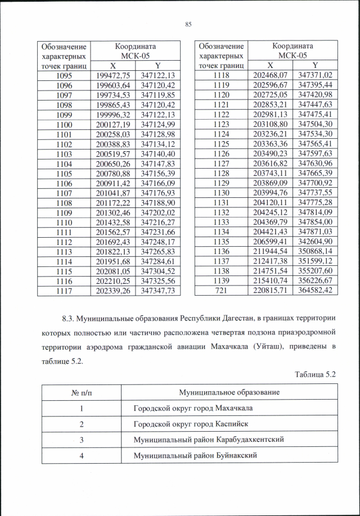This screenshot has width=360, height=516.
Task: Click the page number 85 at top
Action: pyautogui.click(x=188, y=24)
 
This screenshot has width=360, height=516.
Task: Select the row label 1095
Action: pyautogui.click(x=64, y=75)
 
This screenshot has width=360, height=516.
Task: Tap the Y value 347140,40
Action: pyautogui.click(x=159, y=152)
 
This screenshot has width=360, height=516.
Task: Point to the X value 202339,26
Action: pyautogui.click(x=114, y=290)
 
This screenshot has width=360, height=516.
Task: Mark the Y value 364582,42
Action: pyautogui.click(x=316, y=290)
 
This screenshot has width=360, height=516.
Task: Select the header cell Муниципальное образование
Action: pyautogui.click(x=229, y=392)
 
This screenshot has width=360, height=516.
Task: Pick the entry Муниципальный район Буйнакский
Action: pyautogui.click(x=195, y=455)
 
